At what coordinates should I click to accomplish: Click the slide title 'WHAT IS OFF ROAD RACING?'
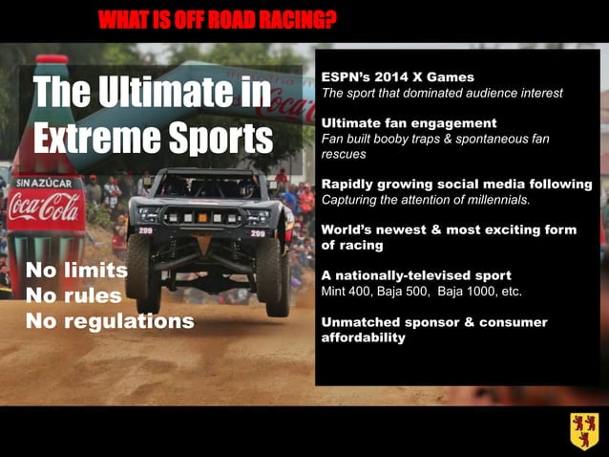click(218, 19)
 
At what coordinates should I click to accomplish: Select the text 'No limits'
click(76, 270)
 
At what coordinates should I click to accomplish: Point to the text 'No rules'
click(73, 295)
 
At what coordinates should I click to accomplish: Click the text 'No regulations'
click(109, 321)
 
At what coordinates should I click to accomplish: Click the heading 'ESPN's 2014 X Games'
click(397, 76)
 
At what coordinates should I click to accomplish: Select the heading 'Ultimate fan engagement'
click(409, 123)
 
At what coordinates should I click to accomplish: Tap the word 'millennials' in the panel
click(496, 200)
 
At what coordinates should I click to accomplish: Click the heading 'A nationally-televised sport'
click(416, 275)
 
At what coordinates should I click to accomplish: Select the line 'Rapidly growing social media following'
click(456, 184)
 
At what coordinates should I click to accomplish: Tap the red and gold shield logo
click(584, 431)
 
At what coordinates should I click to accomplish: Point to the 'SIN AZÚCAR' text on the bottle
click(42, 182)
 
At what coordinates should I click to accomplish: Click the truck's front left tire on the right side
click(277, 276)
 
